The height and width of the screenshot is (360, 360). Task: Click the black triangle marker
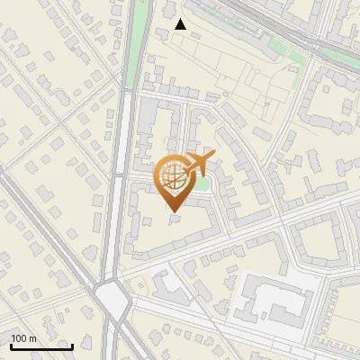pyautogui.click(x=181, y=24)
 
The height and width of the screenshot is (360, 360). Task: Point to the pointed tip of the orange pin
pyautogui.click(x=174, y=211)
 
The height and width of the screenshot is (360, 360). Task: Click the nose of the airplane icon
pyautogui.click(x=214, y=156)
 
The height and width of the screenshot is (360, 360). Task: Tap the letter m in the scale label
pyautogui.click(x=33, y=338)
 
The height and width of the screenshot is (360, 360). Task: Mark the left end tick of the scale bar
pyautogui.click(x=11, y=346)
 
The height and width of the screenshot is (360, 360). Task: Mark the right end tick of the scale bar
pyautogui.click(x=72, y=346)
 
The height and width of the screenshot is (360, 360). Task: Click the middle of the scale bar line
pyautogui.click(x=41, y=346)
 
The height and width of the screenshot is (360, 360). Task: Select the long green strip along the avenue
pyautogui.click(x=136, y=45)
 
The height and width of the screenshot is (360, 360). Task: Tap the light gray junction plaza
pyautogui.click(x=112, y=296)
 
